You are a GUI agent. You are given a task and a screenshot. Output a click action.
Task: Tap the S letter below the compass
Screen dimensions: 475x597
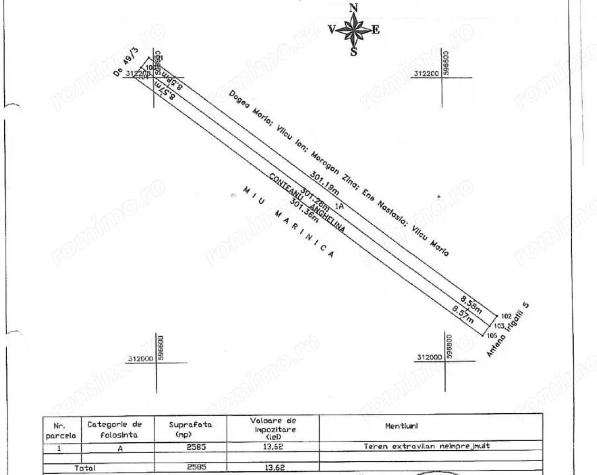[354, 52]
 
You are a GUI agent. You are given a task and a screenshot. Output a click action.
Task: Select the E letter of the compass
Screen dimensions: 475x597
[375, 30]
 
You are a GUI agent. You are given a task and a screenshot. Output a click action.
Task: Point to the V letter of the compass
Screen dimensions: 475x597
[331, 30]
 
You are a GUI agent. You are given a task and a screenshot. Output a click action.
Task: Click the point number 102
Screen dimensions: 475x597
[506, 316]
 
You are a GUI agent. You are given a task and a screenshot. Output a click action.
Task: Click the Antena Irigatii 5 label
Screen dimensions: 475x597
[507, 330]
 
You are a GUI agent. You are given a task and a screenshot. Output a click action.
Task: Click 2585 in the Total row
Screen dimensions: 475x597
[195, 467]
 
